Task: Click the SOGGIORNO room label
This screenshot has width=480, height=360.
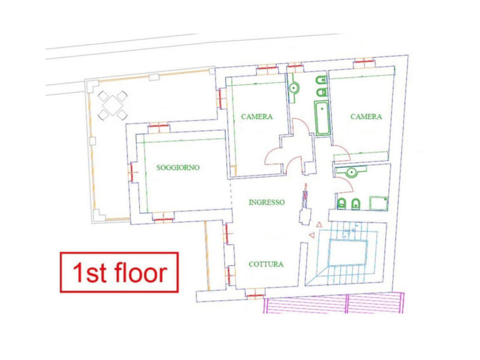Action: tap(178, 167)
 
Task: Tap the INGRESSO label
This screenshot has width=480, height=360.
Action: tap(266, 202)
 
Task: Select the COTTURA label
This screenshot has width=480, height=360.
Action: tap(266, 264)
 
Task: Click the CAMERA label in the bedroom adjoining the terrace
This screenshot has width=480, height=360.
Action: tap(257, 116)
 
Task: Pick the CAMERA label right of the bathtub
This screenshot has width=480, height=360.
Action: tap(366, 116)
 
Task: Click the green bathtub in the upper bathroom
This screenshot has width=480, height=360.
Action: tap(322, 118)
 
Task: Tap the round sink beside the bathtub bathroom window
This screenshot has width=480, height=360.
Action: tap(293, 88)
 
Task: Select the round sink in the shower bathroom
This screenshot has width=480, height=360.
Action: tap(352, 172)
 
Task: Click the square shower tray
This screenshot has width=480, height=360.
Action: tap(379, 203)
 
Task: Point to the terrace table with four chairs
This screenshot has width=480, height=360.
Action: tap(113, 106)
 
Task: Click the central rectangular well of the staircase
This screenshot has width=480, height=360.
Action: tap(348, 253)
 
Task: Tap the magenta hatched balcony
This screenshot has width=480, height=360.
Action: tap(334, 303)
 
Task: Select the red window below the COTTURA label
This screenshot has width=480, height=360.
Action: tap(255, 295)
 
